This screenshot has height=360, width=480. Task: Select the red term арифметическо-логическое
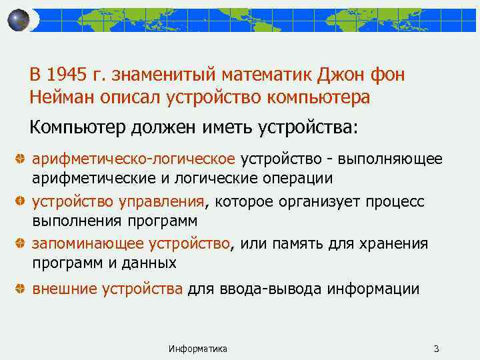click(134, 159)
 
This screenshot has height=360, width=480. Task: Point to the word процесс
click(393, 201)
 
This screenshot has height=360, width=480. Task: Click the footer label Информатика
click(198, 349)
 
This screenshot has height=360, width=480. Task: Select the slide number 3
click(436, 349)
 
